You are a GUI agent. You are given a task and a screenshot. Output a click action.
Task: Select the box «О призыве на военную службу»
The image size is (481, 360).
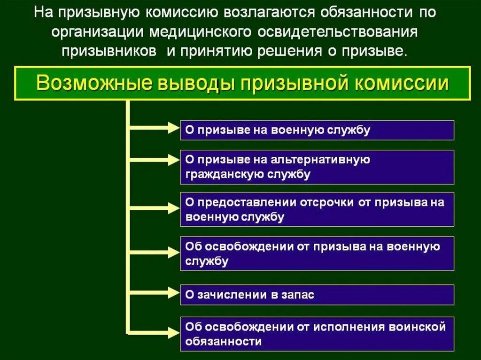[317, 130]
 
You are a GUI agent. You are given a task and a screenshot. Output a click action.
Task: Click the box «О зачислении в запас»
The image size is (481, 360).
[317, 295]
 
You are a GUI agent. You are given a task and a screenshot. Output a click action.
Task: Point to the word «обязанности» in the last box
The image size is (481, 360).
[224, 341]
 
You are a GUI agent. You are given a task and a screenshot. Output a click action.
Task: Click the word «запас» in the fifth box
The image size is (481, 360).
[298, 295]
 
